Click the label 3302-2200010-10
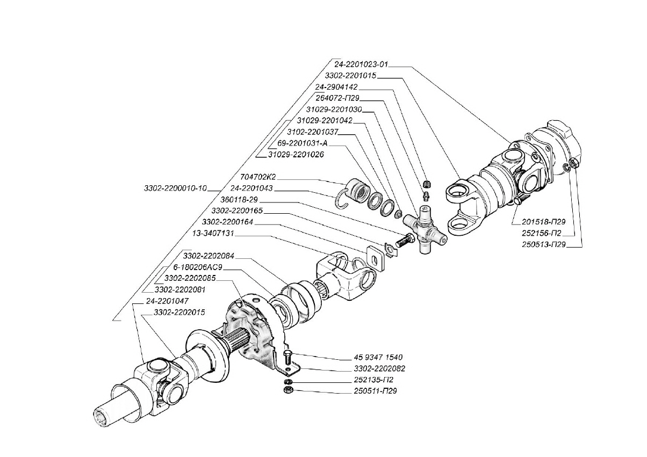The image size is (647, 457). coord(175,188)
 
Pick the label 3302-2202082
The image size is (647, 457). coord(379,369)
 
